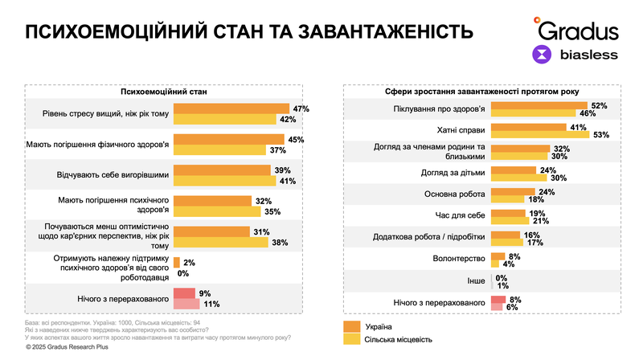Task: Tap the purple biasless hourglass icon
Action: tap(544, 55)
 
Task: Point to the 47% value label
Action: tap(301, 108)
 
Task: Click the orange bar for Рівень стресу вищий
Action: tap(231, 108)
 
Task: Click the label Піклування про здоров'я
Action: tap(440, 108)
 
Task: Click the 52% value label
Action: tap(599, 105)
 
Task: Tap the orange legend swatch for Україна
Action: tap(350, 326)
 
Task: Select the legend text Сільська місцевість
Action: tap(402, 340)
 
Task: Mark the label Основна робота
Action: tap(454, 194)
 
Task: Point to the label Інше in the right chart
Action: tap(475, 282)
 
